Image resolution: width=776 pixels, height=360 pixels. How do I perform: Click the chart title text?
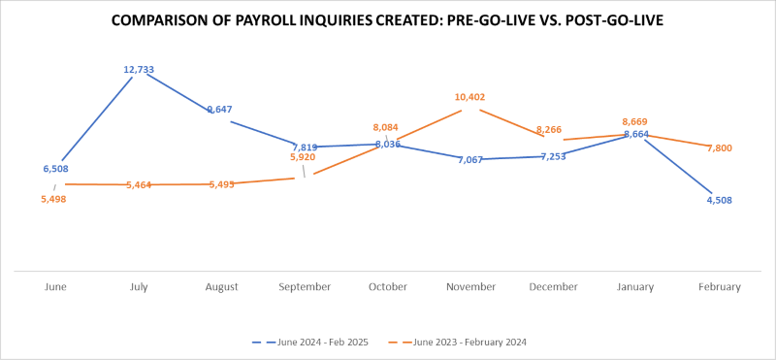click(x=387, y=20)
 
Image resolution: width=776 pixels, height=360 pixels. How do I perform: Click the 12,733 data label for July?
click(x=139, y=70)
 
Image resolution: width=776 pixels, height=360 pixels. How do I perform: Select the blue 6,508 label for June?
click(x=55, y=169)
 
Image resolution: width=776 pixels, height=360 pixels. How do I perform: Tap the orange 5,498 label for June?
click(x=54, y=199)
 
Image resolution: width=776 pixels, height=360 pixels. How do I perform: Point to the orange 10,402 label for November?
click(x=470, y=97)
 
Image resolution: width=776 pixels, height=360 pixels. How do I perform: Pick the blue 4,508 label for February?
click(x=718, y=202)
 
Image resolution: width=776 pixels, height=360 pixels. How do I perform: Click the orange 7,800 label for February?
click(x=719, y=148)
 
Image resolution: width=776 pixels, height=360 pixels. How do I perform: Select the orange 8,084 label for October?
click(x=387, y=127)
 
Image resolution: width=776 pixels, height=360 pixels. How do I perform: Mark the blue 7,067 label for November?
click(x=469, y=159)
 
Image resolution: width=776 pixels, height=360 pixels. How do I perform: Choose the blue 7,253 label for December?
click(x=553, y=156)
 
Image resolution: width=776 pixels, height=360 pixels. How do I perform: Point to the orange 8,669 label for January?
click(x=635, y=122)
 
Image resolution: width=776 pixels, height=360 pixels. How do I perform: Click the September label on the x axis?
click(x=304, y=287)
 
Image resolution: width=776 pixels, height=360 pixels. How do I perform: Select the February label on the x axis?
click(x=719, y=287)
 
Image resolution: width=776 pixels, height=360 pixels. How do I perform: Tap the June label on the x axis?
click(x=56, y=287)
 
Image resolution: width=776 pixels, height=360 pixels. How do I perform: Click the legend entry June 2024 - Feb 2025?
click(x=317, y=342)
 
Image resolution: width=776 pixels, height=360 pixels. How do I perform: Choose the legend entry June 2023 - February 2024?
click(x=464, y=342)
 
